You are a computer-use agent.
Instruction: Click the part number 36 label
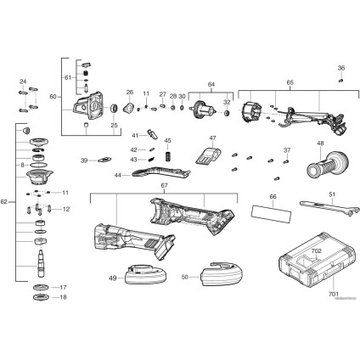[x=341, y=68]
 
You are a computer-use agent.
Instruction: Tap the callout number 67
[x=164, y=186]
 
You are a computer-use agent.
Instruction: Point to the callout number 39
[x=84, y=160]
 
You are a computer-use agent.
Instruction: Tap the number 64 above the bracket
[x=211, y=83]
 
